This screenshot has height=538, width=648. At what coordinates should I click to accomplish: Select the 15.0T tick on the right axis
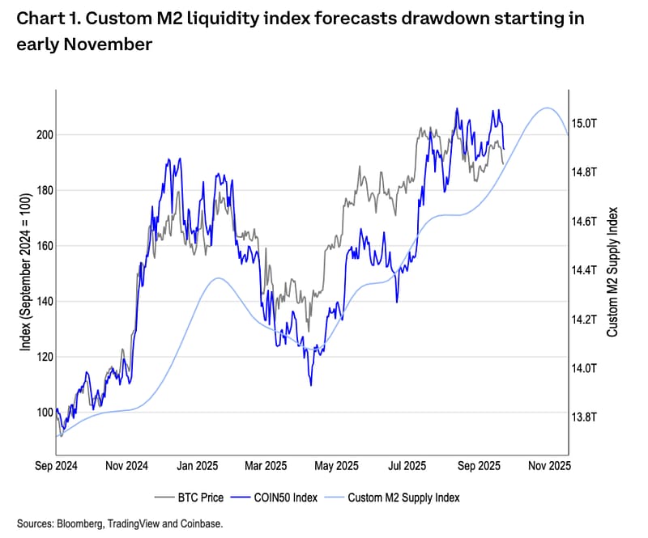tap(585, 123)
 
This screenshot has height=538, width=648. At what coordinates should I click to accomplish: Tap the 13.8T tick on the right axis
tap(585, 417)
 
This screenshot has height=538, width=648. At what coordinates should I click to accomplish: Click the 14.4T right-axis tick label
tap(585, 270)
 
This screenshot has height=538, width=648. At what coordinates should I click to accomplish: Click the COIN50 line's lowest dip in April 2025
tap(311, 384)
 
